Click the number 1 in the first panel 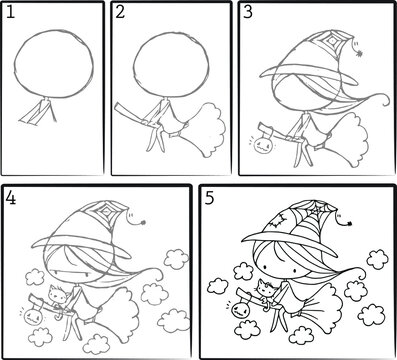tap(9, 12)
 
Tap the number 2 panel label tap(120, 12)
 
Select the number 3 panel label tap(247, 12)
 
